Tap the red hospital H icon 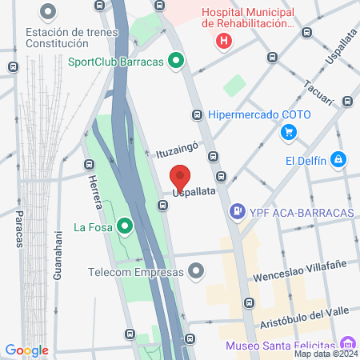pos(225,40)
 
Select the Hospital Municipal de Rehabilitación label pos(248,18)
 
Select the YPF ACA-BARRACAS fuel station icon pos(237,212)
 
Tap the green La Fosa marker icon pos(124,227)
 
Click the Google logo pos(26,350)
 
